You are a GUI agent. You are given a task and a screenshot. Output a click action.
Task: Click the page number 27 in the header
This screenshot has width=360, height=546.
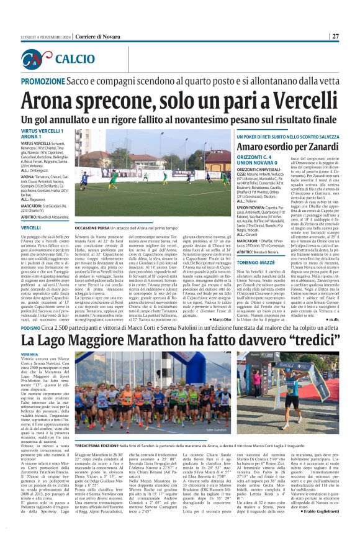point(335,37)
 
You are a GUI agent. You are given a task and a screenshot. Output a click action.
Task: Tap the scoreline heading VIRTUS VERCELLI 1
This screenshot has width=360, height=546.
point(43,132)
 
